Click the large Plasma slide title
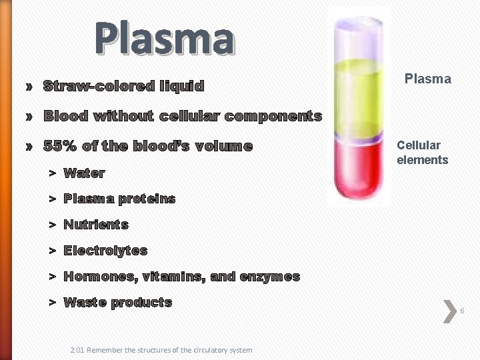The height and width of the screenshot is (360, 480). [164, 39]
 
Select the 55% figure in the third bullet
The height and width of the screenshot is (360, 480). [58, 146]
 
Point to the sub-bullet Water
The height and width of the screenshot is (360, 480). [84, 173]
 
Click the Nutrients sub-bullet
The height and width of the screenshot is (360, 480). [95, 225]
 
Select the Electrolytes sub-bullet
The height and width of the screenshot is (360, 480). [105, 251]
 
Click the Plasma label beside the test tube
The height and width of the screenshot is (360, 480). [428, 79]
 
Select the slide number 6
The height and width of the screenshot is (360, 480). [462, 311]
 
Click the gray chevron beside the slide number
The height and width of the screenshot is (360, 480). [449, 311]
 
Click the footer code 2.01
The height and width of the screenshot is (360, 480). [77, 350]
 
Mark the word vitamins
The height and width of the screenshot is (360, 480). [180, 277]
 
